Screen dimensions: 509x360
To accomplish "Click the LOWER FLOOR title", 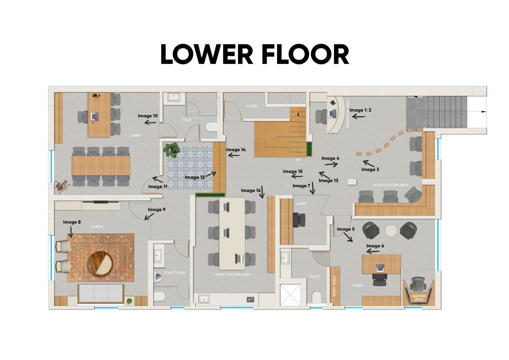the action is click(255, 54).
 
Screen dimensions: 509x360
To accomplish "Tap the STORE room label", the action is click(252, 106).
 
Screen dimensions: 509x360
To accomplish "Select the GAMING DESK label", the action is click(419, 298).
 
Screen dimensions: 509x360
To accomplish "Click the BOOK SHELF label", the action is click(334, 286).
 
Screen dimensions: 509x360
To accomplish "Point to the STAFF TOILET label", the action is click(174, 272).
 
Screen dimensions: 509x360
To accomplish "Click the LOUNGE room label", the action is click(96, 226).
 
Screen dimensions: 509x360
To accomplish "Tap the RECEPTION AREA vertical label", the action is click(347, 114).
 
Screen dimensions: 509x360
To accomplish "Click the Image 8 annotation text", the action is click(72, 222).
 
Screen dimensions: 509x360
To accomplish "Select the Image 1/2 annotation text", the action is click(360, 110).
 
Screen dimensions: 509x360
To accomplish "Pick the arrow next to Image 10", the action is click(150, 123).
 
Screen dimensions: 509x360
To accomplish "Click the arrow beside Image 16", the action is click(263, 192).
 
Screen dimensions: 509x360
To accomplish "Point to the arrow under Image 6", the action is click(373, 251).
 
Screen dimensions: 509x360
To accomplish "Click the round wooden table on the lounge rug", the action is click(100, 264).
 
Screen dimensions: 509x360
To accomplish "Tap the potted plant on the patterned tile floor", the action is click(172, 150).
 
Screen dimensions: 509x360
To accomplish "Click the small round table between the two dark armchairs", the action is click(391, 230).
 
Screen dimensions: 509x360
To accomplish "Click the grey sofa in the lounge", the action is click(101, 294).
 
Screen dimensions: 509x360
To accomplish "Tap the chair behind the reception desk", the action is click(321, 116).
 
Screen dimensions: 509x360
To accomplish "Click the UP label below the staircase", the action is click(298, 160).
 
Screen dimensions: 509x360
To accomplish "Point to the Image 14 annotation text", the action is click(236, 150).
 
